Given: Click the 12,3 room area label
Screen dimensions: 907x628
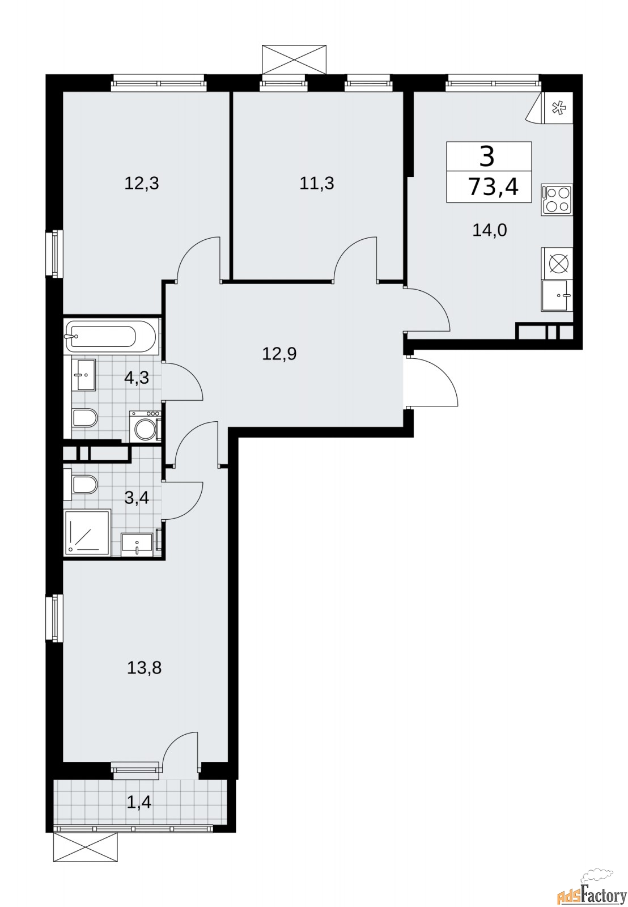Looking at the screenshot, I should tap(142, 183).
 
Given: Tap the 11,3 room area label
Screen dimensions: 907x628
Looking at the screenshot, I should tap(317, 183).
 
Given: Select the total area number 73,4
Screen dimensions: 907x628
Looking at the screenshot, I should tap(493, 187).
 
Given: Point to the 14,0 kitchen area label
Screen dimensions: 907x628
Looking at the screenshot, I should tap(489, 230).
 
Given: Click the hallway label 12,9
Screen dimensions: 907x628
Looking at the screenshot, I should tap(279, 354).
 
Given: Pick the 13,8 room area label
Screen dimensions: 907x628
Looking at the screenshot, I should tap(144, 668).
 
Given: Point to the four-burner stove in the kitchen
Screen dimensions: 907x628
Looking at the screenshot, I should tap(557, 200).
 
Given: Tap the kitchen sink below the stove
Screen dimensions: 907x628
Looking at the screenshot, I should tap(557, 295).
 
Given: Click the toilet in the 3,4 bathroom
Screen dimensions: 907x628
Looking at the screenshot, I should tap(85, 485).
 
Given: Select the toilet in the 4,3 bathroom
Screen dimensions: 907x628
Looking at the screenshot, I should tap(85, 418).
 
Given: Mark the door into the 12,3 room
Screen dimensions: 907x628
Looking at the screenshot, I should tap(198, 258).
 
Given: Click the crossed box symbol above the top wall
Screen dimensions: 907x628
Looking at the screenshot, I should tap(295, 59).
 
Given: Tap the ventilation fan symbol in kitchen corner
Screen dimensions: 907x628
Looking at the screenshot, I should tap(558, 107).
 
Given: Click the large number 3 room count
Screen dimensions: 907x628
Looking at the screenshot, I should tap(487, 156).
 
